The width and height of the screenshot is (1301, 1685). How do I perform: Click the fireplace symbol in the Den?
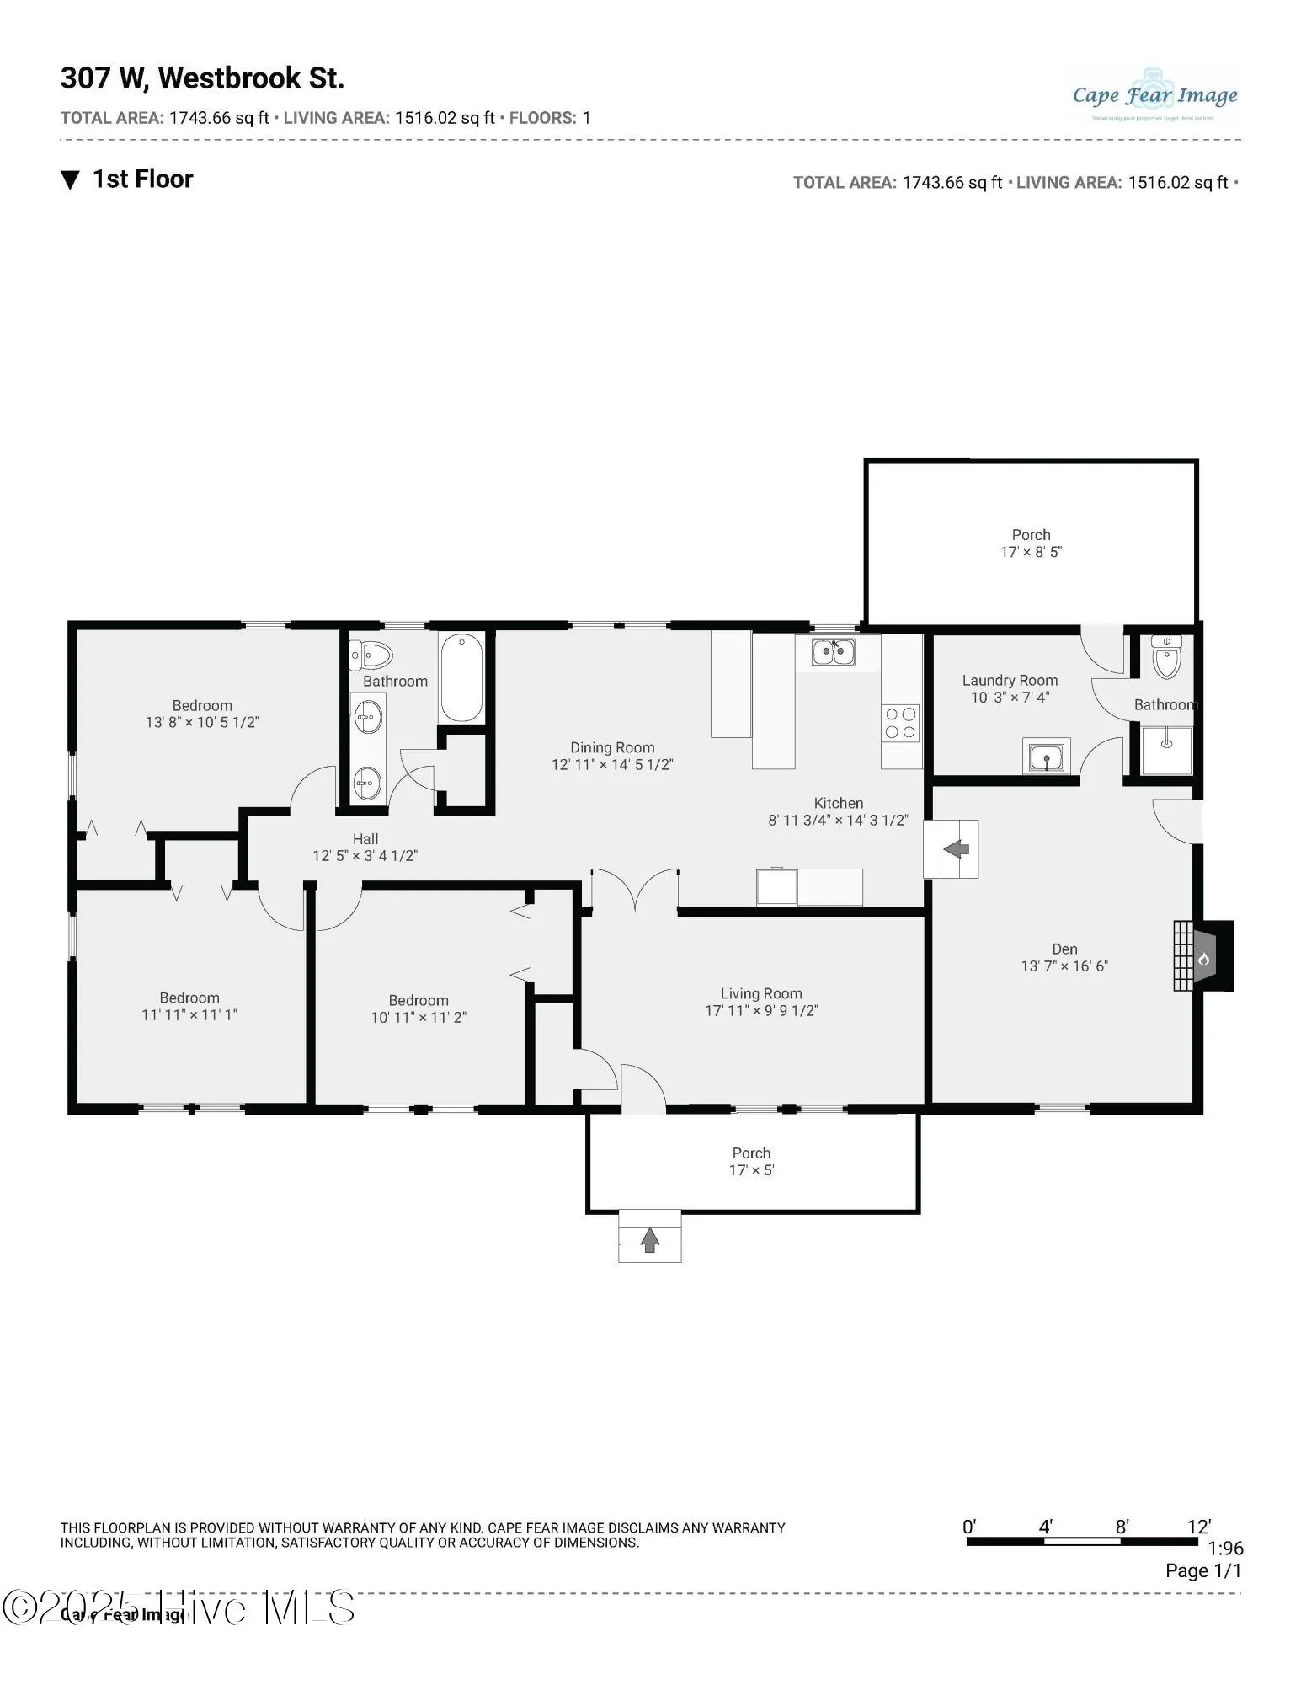[1203, 957]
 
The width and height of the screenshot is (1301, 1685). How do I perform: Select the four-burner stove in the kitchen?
[900, 723]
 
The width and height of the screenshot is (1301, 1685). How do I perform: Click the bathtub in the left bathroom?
[461, 677]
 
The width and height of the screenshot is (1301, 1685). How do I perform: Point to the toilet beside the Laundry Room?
[1167, 657]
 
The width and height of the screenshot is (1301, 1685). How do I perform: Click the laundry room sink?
[1047, 756]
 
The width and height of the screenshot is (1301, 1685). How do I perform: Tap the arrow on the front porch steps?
[649, 1239]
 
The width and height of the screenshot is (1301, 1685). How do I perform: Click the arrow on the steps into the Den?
[957, 848]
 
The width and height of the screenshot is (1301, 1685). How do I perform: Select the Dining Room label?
[612, 747]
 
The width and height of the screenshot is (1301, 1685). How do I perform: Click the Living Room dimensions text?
[761, 1010]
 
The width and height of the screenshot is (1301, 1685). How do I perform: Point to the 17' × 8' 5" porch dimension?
[1031, 552]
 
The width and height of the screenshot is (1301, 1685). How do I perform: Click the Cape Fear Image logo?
[1154, 95]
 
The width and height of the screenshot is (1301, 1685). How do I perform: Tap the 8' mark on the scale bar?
[1122, 1527]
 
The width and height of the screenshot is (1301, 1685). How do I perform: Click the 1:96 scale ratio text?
[1225, 1549]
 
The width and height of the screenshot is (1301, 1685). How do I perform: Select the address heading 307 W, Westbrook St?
[202, 78]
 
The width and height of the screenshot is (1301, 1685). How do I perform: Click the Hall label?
[365, 839]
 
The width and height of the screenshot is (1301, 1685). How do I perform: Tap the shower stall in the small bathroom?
[1167, 750]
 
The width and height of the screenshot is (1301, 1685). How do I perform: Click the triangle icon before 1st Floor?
[71, 179]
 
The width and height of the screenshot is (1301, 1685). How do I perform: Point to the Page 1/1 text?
[1202, 1570]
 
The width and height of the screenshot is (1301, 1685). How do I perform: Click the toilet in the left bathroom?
[372, 653]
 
